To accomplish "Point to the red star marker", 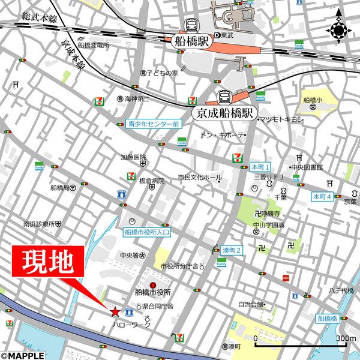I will point(115,311).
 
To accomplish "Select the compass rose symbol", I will point(339,29).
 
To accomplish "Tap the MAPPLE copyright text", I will point(23,355).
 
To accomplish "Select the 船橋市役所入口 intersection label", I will point(148,231).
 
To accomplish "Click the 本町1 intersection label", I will point(262,166).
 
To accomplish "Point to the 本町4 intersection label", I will point(322,196).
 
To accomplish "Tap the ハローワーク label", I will point(131,325).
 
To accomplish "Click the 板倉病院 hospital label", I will point(151,181).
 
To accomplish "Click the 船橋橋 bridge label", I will point(330,319).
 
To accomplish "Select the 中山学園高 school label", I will point(268,226).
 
